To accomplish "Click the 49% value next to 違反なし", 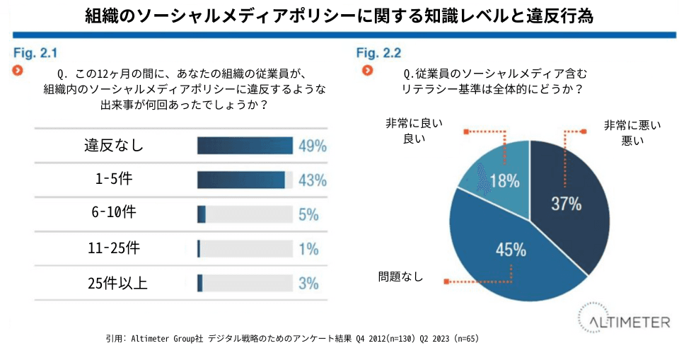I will click(312, 146).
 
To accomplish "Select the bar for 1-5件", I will click(241, 180).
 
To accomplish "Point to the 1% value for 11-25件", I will click(308, 249).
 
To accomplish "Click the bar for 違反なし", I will click(245, 146).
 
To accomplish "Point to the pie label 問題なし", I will click(400, 277).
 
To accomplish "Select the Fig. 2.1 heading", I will click(35, 52).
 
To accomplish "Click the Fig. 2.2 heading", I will click(378, 52).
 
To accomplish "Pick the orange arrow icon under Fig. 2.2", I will click(367, 71).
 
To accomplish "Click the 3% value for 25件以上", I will click(308, 284).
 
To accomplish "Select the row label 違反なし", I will click(114, 146).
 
